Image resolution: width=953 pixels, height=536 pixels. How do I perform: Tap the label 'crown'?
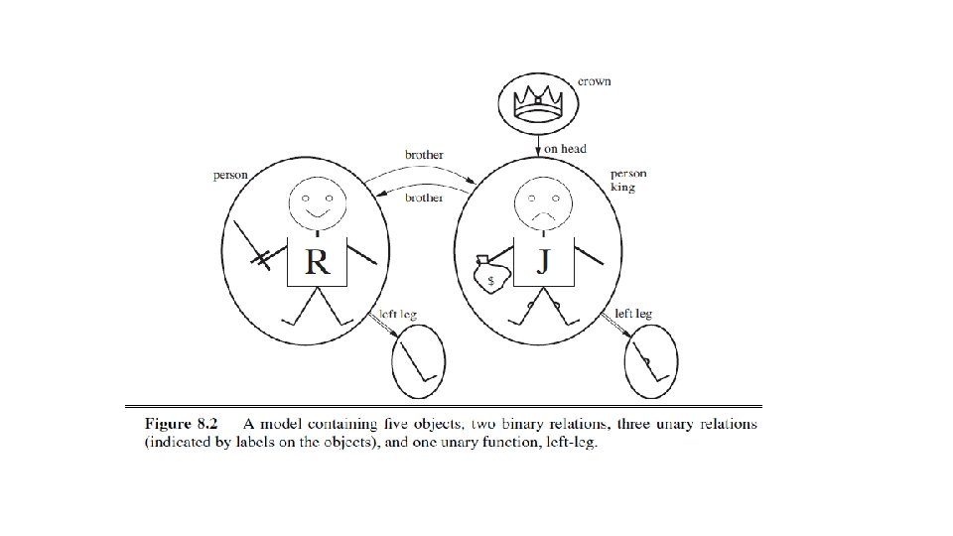pos(595,80)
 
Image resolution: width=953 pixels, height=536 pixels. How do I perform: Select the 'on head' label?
pos(567,149)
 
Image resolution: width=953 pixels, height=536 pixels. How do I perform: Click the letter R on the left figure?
pos(317,262)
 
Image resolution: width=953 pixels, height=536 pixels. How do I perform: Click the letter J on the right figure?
pos(543,261)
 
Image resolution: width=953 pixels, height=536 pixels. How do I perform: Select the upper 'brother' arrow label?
pos(424,156)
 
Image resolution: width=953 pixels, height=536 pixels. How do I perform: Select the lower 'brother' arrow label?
pos(424,198)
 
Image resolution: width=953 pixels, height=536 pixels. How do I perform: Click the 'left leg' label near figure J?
pos(633,314)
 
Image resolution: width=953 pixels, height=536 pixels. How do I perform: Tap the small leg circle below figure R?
pos(419,361)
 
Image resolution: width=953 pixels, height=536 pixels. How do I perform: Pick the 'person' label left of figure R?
pos(230,175)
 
